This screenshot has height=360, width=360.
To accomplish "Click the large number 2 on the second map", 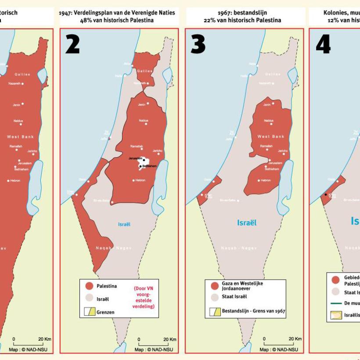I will [x=72, y=44].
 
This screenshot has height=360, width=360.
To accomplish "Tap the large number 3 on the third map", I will [x=198, y=44].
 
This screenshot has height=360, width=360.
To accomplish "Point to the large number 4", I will [x=323, y=44].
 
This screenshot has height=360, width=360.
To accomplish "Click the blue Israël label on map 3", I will [x=247, y=223].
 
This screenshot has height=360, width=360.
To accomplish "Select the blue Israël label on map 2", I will [x=124, y=224].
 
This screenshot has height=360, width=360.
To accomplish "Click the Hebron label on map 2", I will [x=140, y=180].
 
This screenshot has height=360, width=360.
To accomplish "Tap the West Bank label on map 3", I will [x=271, y=137].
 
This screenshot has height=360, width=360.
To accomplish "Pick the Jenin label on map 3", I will [x=267, y=104].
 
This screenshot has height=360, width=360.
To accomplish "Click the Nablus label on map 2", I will [x=144, y=120].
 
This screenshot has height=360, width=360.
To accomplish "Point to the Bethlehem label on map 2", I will [x=148, y=166].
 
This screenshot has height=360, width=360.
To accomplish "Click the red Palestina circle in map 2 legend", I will [x=90, y=286].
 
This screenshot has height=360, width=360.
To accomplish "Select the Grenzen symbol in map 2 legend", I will [x=90, y=312].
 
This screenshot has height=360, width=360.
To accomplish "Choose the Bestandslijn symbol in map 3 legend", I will [x=215, y=312].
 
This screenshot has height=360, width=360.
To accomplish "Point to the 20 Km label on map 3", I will [x=295, y=339].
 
